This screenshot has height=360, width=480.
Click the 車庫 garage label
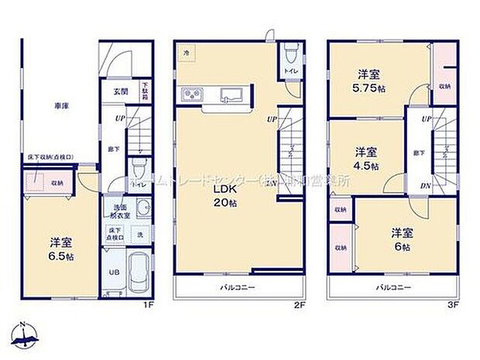coord(60,106)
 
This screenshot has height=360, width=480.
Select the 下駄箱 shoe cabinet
coord(144,91)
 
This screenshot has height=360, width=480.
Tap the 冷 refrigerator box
coord(187,52)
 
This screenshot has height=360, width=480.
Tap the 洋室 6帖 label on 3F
coord(399,238)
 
